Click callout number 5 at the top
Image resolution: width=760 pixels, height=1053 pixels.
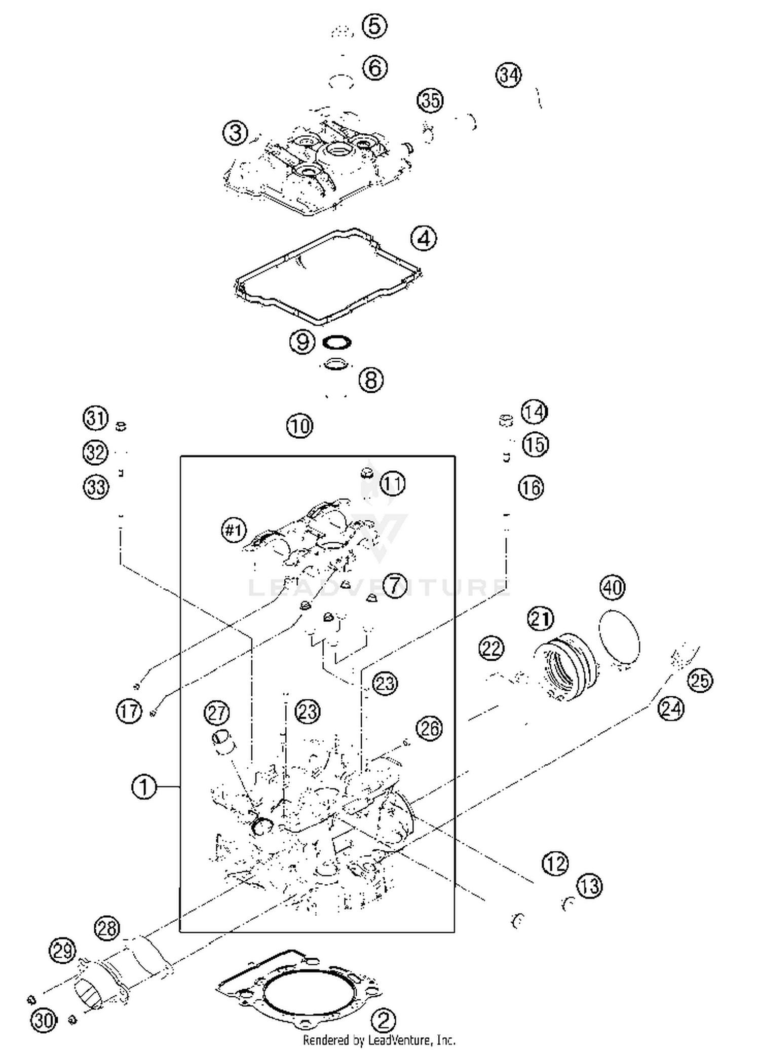[374, 25]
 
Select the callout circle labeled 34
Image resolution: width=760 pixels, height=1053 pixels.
[509, 75]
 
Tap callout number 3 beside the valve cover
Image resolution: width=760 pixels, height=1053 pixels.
[236, 134]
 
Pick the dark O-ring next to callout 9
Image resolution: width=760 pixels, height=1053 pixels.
[337, 343]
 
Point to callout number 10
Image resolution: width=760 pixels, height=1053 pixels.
[300, 426]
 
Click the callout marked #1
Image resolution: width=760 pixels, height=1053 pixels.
[234, 531]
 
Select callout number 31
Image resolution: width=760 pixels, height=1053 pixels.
[96, 419]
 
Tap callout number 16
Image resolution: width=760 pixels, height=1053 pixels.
[531, 487]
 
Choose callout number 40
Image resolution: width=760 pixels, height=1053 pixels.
[613, 587]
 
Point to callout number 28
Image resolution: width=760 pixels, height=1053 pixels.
[107, 928]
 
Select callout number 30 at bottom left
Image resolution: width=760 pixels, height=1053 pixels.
[44, 1020]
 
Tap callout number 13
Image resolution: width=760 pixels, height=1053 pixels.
[590, 886]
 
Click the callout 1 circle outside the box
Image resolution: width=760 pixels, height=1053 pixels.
[144, 788]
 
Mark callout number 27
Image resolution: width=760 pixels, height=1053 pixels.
[217, 713]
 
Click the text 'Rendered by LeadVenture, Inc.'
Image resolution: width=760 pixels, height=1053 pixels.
[379, 1040]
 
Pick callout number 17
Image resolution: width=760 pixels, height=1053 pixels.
[129, 710]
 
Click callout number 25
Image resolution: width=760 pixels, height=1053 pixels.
[700, 680]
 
